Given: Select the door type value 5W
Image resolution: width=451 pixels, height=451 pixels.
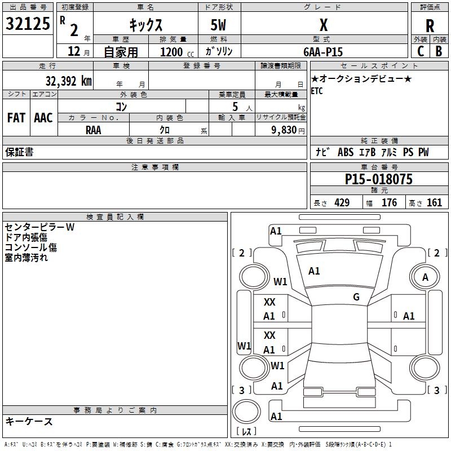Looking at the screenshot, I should tap(219, 25).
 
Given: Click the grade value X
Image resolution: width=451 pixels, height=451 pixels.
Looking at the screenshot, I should tap(324, 25).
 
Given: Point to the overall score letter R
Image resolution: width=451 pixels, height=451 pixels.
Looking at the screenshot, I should tap(430, 26).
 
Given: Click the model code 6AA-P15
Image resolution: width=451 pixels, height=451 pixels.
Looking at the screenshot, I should tap(323, 51).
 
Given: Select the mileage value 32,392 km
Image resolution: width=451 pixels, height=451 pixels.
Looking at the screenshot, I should tap(68, 81).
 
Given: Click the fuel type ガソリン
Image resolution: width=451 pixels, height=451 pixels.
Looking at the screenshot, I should tap(219, 51).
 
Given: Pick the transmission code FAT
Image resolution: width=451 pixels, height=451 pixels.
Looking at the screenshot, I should tap(16, 118).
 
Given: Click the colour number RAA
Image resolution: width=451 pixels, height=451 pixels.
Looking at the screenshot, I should tap(94, 130).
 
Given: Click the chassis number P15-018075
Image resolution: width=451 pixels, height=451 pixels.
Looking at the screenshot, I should tap(378, 179).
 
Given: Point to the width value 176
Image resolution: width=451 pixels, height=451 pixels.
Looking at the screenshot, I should tap(390, 203).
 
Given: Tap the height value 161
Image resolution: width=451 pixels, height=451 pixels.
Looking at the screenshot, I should tap(435, 203).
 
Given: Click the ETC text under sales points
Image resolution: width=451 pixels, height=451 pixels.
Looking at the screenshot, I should tap(317, 91).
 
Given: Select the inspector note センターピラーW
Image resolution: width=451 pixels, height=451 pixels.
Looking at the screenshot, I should tap(39, 227).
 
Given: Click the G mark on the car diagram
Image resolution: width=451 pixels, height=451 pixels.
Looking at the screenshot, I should tap(356, 297).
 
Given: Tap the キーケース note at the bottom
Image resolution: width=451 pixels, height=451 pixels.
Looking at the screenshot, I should tap(29, 422).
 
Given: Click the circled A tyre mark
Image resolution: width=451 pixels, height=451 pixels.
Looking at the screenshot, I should tap(425, 277).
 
